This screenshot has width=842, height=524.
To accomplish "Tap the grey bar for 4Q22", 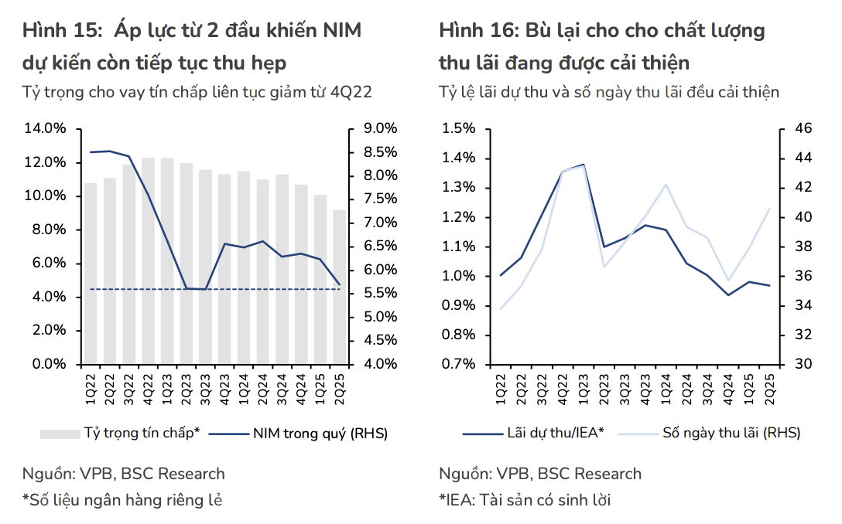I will [148, 260].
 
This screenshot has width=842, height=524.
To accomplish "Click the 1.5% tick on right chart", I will [460, 128].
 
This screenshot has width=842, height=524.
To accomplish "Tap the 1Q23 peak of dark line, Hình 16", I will [583, 165].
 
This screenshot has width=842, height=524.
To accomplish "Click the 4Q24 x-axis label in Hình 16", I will [728, 386].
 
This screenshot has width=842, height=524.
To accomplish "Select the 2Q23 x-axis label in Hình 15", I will [187, 386].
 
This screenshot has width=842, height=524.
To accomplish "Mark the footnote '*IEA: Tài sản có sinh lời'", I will [525, 500].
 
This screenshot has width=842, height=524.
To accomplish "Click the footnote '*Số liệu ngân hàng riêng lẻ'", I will [122, 500].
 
